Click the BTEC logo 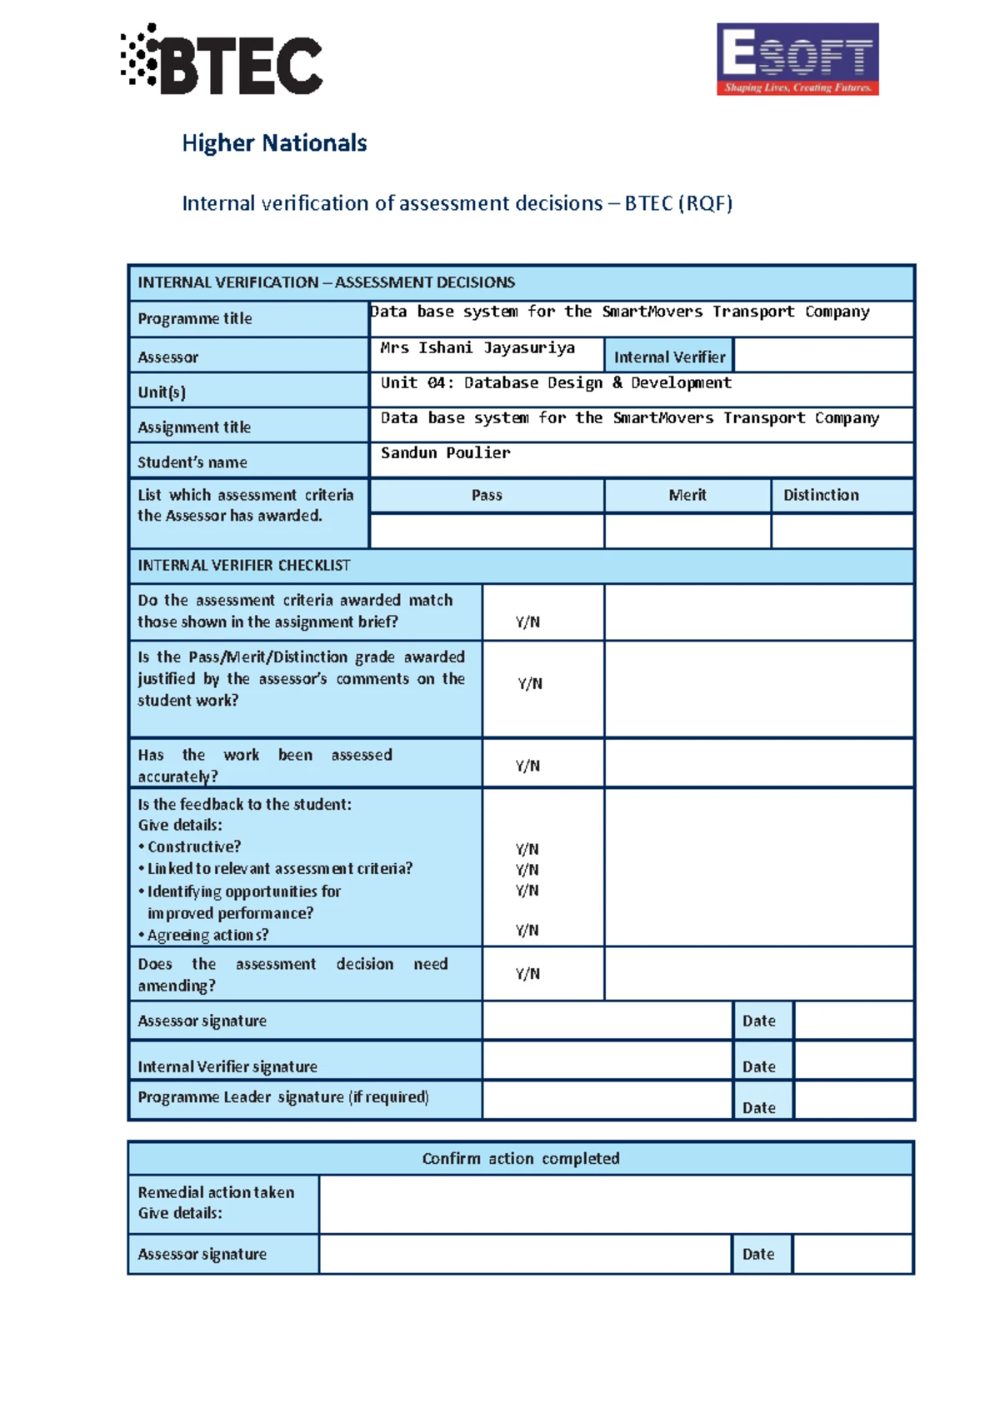[222, 61]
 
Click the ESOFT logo [797, 59]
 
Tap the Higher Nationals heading [274, 143]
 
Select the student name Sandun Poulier [445, 453]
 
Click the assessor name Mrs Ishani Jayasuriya [477, 348]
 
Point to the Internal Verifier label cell [669, 357]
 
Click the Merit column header [687, 495]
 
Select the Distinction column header [821, 495]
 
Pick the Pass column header [487, 495]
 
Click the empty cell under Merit [687, 531]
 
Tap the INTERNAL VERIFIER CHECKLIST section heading [244, 566]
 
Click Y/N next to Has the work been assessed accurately [527, 766]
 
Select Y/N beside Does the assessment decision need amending [527, 973]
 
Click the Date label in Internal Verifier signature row [759, 1066]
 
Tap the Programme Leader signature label [283, 1097]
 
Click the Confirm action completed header [521, 1158]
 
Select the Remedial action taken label [216, 1192]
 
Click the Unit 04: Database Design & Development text [556, 383]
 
